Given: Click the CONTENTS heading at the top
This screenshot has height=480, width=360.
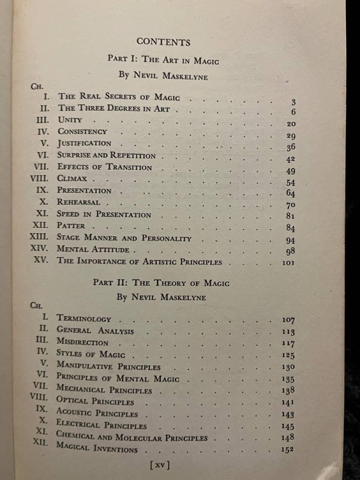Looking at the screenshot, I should pos(163,42).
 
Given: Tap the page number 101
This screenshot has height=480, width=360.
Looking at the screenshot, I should pos(288,262).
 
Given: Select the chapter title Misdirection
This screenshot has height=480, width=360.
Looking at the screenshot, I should pos(82,342).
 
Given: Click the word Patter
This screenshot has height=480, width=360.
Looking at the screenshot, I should pos(71,226).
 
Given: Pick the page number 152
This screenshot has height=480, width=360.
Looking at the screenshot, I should pos(287,450).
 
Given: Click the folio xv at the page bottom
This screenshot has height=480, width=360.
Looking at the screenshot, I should pos(159,465).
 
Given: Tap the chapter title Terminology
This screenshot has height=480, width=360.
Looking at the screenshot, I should pos(84,318).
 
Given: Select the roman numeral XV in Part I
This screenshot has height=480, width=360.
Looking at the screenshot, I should pos(41,260).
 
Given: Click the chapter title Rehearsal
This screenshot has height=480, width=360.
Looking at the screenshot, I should pos(78,202).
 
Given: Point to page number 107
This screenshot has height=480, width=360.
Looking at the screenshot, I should pos(288,320).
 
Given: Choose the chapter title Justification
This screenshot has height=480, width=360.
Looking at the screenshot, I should pos(84,143).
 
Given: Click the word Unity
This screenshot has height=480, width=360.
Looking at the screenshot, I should pos(70,120).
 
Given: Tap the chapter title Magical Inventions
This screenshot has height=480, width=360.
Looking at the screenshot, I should pos(96,448).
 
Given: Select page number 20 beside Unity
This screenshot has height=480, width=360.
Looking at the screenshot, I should pos(291,124).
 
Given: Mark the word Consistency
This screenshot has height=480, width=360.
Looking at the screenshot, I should pos(82,132).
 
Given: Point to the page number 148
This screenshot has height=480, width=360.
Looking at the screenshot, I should pos(288,438).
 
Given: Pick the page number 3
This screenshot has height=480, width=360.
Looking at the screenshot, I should pos(293,102).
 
